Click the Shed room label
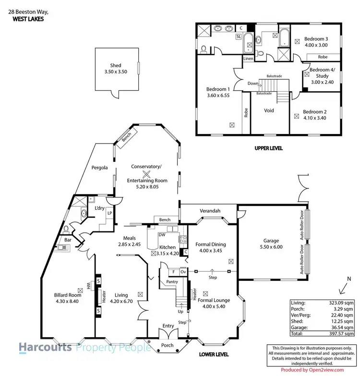point(116,66)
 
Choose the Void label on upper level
point(269,110)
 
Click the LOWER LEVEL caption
point(214,355)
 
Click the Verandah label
point(209,211)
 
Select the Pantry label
point(172,282)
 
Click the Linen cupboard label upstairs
point(248,59)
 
